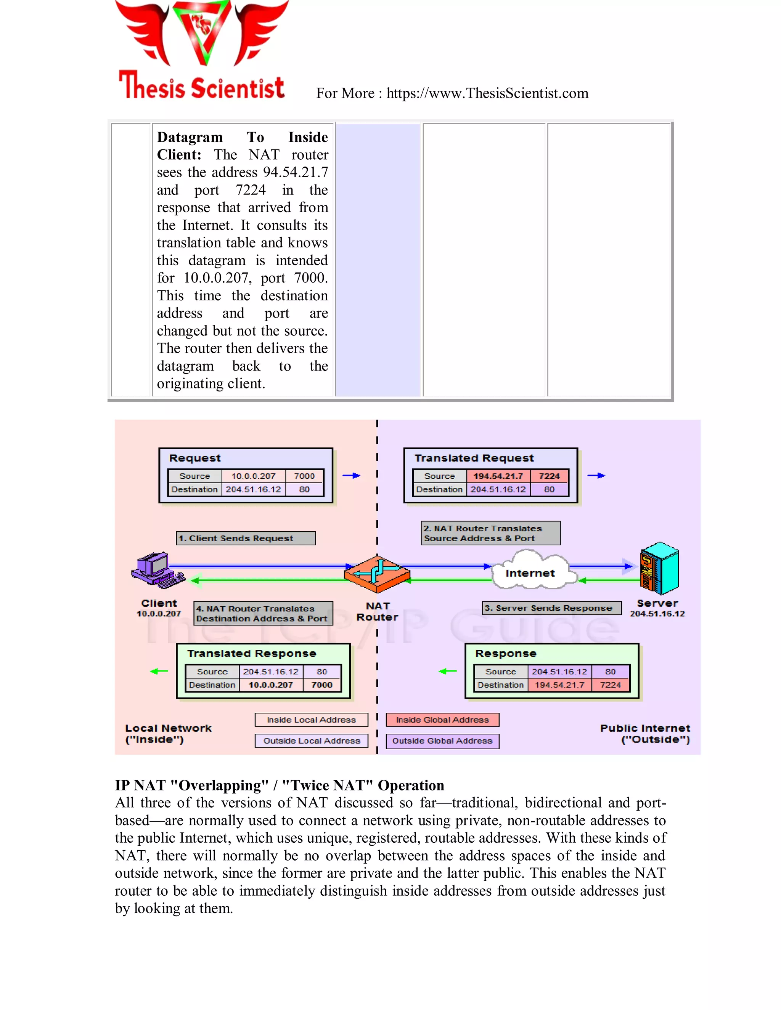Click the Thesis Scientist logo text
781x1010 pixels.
click(202, 86)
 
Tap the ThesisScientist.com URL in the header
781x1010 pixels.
click(487, 93)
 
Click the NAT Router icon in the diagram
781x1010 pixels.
click(377, 574)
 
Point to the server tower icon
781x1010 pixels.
click(659, 568)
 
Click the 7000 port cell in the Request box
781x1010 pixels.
click(304, 476)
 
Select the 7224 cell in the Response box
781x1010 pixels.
click(610, 685)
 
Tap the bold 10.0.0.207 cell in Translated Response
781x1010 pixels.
click(271, 685)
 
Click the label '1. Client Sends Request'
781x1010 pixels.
click(245, 538)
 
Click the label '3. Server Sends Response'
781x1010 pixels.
click(552, 608)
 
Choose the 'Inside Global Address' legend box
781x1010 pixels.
click(442, 720)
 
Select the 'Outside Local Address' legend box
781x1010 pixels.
click(312, 741)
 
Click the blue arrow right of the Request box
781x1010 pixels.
click(351, 475)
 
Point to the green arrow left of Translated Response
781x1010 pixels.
click(159, 671)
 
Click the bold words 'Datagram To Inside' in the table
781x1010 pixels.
click(242, 137)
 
